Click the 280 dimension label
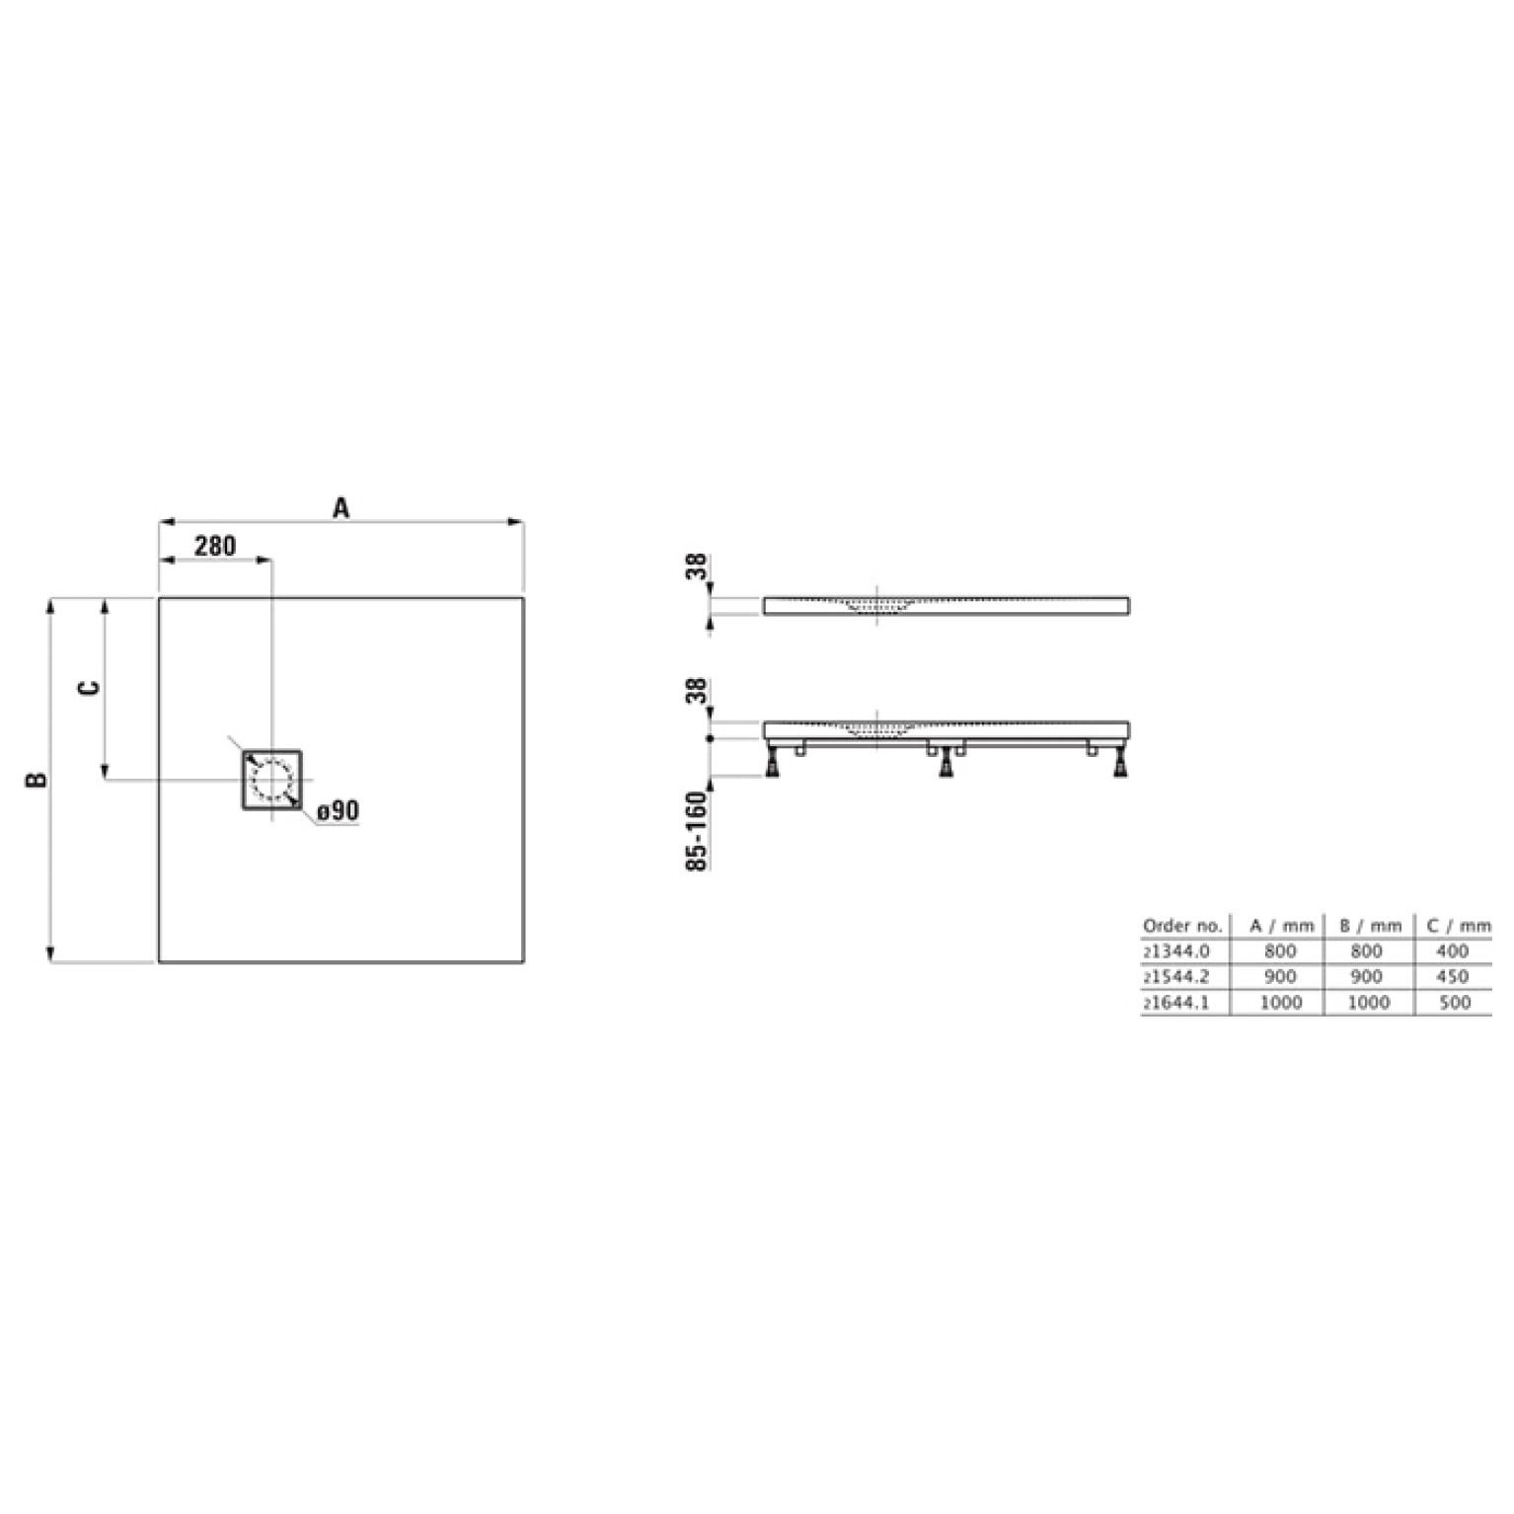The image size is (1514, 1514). (214, 545)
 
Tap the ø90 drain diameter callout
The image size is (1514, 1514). (338, 811)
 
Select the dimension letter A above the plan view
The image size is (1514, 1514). (341, 508)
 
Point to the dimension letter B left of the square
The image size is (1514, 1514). (37, 780)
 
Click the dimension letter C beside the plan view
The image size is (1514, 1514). (89, 688)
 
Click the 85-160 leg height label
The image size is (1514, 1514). (698, 831)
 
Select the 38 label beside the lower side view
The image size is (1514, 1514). (698, 691)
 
